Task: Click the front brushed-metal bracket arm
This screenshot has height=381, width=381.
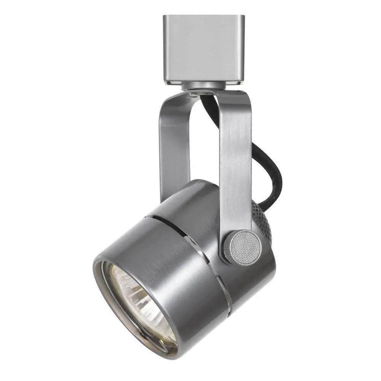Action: pyautogui.click(x=234, y=160)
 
